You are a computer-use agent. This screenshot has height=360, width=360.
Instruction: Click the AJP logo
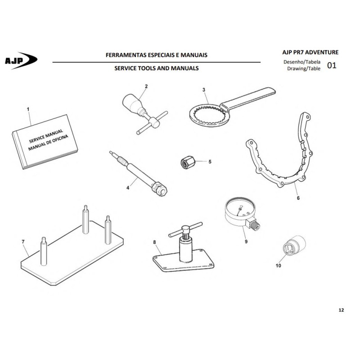coord(21,61)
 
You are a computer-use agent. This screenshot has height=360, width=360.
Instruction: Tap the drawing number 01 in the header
coord(332,66)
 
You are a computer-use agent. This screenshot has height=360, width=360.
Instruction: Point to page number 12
coord(341,310)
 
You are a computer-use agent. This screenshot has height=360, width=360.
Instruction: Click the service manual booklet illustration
coord(45,142)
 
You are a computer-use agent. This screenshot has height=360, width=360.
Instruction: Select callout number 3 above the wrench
coord(204,90)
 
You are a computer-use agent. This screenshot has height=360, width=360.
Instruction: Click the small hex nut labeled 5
coord(188,162)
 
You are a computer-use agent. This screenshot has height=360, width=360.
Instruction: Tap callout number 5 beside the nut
coord(210,162)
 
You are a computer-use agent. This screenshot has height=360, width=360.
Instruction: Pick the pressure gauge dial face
coord(240,207)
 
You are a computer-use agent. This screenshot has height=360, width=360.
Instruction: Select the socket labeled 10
coord(294,245)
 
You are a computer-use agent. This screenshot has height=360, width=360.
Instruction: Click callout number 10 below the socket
coord(278,265)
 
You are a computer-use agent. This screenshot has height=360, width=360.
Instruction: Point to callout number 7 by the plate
coord(23,242)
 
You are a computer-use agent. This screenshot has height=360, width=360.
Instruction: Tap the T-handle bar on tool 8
coord(185,229)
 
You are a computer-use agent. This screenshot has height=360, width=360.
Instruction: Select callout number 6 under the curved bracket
coord(298,198)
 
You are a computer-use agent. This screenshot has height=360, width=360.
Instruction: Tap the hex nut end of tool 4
coord(160,189)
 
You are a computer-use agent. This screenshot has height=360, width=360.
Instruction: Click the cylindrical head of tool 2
coord(132,103)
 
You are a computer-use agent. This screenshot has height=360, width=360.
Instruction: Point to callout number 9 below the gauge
coord(246,242)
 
